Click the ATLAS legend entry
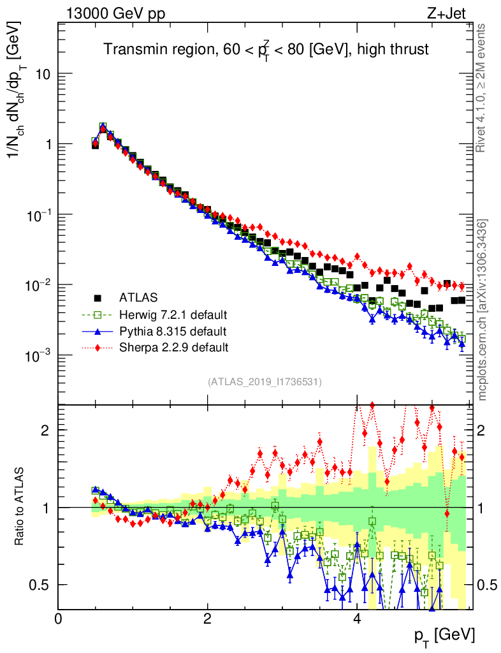(138, 297)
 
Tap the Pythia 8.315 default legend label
(173, 331)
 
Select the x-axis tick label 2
(207, 618)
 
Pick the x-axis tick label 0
(58, 618)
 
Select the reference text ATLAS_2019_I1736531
(264, 382)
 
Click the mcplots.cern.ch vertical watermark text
(483, 309)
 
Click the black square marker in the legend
(98, 297)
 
